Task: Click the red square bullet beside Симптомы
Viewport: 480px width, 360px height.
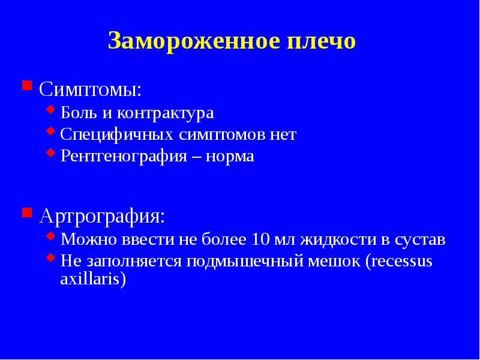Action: tap(26, 85)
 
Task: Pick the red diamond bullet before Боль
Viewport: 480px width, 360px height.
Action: tap(51, 110)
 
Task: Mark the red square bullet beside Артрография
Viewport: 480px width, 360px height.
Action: tap(26, 212)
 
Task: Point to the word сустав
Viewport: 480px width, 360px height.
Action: tap(420, 240)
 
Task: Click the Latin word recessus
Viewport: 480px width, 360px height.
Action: tap(401, 262)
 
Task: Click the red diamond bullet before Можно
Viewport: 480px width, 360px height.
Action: tap(51, 237)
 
